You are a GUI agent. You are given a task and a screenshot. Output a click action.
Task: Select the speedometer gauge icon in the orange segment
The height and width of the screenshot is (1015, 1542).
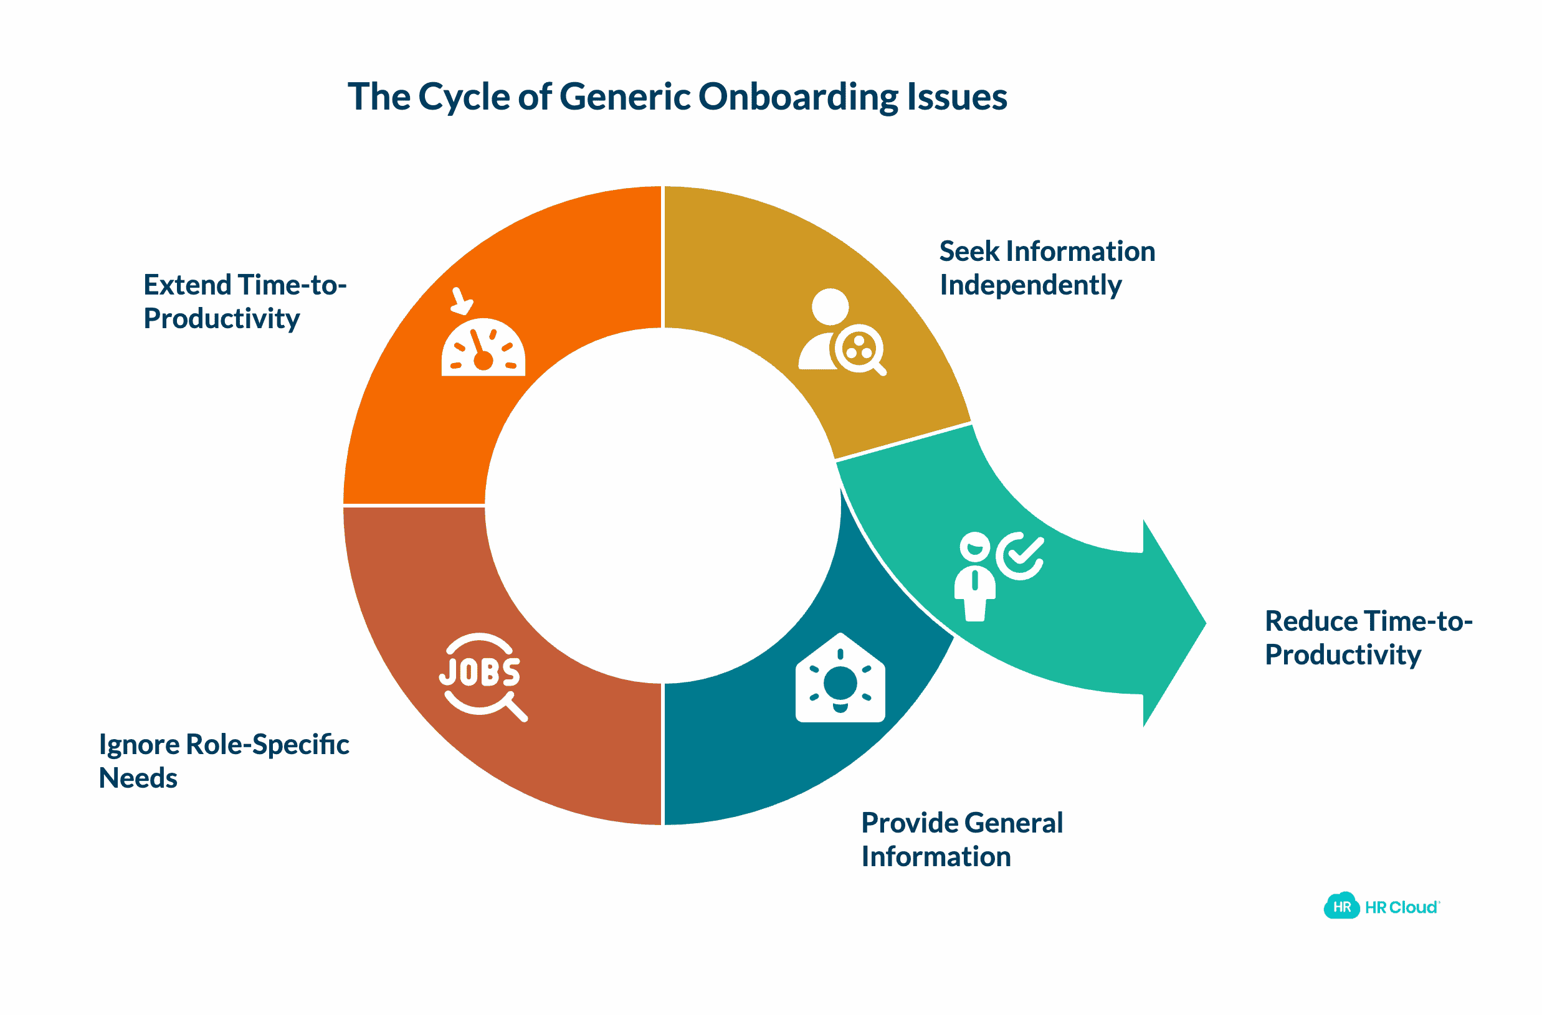point(483,348)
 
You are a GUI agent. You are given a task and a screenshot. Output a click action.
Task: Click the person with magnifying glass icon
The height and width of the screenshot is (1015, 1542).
point(840,333)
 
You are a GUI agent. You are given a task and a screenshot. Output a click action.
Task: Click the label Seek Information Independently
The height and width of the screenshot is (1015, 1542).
point(1045,268)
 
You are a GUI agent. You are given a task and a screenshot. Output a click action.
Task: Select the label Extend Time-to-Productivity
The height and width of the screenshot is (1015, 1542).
point(244,302)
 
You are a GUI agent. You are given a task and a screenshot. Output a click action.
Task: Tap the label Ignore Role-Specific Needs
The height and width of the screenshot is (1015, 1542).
point(224,761)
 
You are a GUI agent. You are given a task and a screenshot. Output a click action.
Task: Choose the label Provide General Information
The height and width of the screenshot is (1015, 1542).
point(961,840)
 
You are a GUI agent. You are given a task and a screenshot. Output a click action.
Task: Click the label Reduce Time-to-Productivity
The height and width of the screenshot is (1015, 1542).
point(1368,638)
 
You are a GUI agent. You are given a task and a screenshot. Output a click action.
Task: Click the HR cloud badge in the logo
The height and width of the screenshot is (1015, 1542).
point(1341,907)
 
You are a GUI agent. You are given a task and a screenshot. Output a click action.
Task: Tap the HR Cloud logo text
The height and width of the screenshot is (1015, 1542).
point(1401,907)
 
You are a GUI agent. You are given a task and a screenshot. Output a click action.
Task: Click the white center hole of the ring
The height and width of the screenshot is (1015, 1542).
point(662,506)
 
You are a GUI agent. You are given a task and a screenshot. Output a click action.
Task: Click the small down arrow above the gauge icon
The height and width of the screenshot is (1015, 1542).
point(462,301)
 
